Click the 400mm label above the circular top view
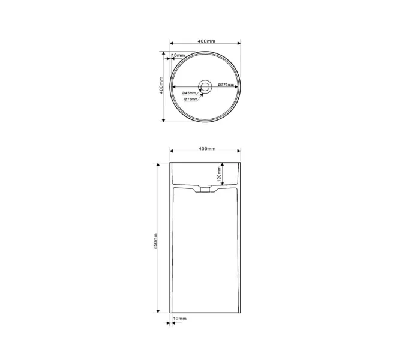[x=206, y=41]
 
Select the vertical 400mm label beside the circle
[x=161, y=85]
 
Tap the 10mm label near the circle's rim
[x=178, y=55]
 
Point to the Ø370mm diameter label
[x=226, y=85]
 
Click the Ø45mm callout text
[x=189, y=93]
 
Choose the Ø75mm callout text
[x=191, y=99]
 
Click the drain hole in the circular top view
[x=205, y=86]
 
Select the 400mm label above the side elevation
[x=207, y=148]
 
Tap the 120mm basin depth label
[x=219, y=174]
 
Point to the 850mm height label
[x=155, y=241]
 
